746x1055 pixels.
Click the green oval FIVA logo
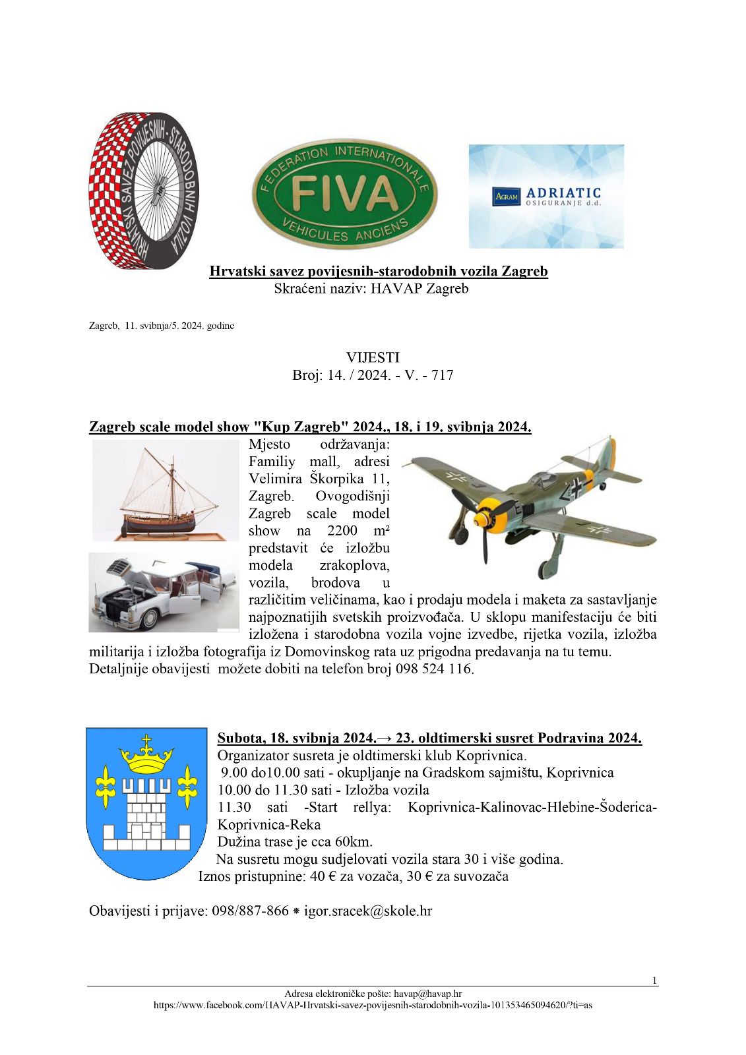point(344,195)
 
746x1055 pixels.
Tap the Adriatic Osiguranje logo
point(546,196)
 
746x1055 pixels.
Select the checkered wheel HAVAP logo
point(143,191)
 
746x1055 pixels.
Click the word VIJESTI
point(373,357)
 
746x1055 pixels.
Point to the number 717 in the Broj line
point(442,375)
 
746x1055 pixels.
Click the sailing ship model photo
point(165,490)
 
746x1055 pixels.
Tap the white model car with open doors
point(164,592)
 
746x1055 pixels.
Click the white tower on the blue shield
point(146,818)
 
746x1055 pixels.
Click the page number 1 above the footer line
point(654,980)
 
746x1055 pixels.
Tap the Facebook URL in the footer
point(373,1006)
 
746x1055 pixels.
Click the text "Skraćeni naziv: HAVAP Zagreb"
point(371,288)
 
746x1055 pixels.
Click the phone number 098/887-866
point(250,911)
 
